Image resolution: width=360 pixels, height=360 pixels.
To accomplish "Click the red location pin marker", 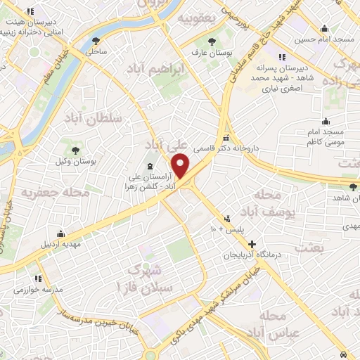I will [181, 165].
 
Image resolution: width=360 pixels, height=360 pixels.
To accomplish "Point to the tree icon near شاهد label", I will [352, 187].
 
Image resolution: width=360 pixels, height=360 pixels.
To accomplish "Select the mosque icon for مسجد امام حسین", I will [324, 29].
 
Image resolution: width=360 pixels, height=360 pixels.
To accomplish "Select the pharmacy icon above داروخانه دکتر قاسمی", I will [226, 138].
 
